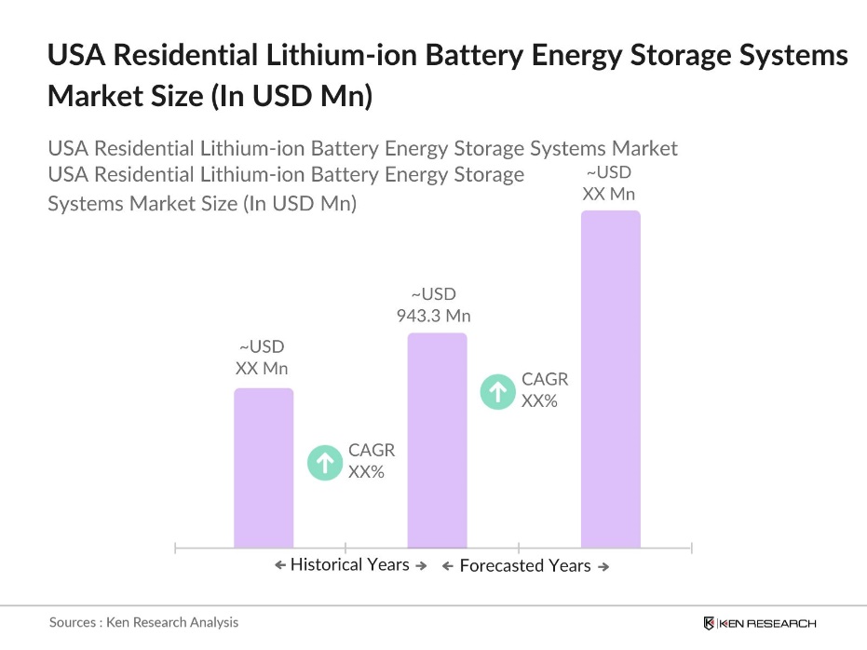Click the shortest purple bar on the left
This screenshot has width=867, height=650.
coord(264,467)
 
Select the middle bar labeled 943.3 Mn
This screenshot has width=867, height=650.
coord(437,440)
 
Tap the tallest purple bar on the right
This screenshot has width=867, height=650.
coord(611,379)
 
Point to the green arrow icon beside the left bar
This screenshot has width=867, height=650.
coord(325,461)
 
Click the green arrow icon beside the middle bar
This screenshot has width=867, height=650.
coord(498,391)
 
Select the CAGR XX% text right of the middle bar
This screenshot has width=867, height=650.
coord(544,390)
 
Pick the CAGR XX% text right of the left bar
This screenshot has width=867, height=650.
coord(371,460)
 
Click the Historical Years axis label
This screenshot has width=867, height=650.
coord(349,565)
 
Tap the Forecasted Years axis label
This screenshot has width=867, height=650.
coord(525,566)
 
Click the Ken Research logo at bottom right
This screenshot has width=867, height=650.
coord(760,623)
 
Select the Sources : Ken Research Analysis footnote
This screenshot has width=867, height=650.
coord(143,622)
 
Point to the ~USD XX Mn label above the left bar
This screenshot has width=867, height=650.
coord(262,358)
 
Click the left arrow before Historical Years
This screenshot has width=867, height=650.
coord(280,565)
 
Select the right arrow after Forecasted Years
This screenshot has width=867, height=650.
coord(603,567)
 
